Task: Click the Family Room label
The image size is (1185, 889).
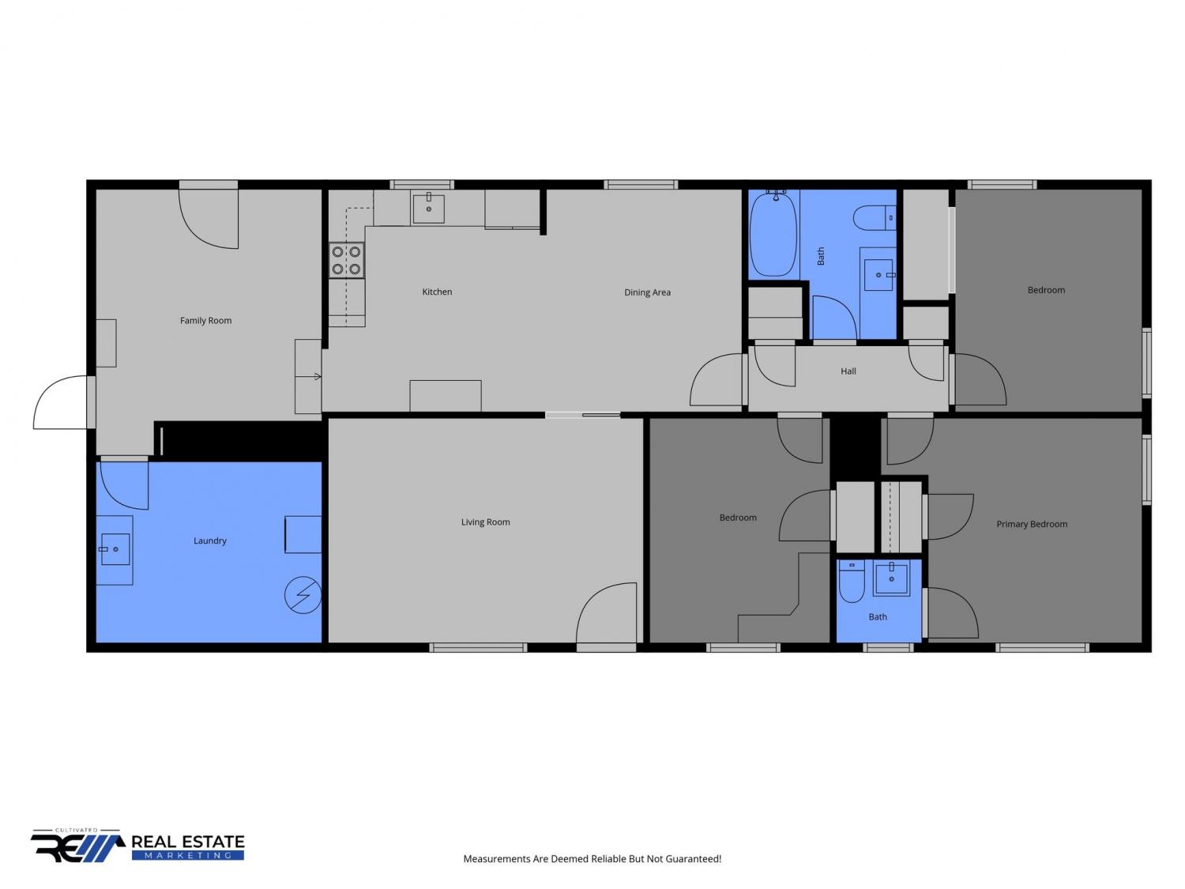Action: (x=205, y=320)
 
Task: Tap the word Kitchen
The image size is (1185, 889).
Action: (x=437, y=292)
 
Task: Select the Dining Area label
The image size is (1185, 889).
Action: (x=647, y=292)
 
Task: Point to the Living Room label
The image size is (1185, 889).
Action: (x=485, y=522)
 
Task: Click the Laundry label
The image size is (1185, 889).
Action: (x=210, y=541)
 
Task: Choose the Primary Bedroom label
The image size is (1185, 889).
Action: (x=1032, y=524)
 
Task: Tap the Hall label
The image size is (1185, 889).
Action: (x=848, y=371)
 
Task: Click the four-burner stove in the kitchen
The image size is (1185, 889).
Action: (x=346, y=260)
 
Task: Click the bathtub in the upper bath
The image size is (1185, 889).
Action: (x=773, y=233)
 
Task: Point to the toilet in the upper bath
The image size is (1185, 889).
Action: (x=875, y=217)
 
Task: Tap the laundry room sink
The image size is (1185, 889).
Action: (x=115, y=549)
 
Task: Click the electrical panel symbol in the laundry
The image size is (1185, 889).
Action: (x=303, y=595)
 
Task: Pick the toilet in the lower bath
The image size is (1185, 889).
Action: (x=852, y=581)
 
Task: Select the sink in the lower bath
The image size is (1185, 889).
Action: (x=891, y=578)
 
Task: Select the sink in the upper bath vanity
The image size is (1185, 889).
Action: (x=878, y=275)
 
